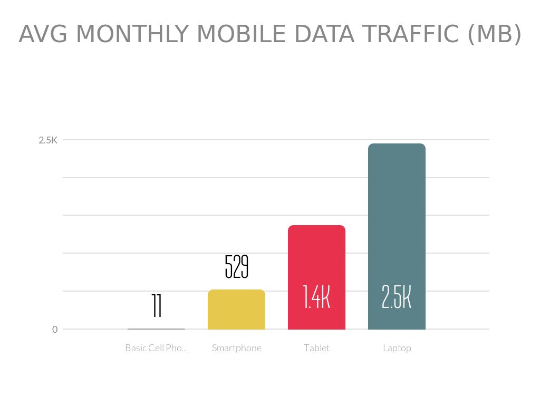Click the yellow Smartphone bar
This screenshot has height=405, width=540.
click(x=236, y=310)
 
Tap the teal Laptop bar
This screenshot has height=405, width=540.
click(x=397, y=221)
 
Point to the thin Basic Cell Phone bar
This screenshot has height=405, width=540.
click(x=156, y=329)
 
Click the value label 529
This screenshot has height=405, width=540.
click(x=236, y=267)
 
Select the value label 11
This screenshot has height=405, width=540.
click(x=156, y=306)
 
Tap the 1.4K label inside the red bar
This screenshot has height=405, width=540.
click(x=316, y=297)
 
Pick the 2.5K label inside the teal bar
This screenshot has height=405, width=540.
click(x=397, y=297)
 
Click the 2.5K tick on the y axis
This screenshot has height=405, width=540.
click(x=47, y=140)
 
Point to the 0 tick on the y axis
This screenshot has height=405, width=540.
click(x=55, y=330)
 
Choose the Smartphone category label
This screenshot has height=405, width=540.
click(x=236, y=348)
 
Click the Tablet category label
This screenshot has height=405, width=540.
click(x=316, y=348)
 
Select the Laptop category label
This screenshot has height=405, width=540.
click(x=397, y=348)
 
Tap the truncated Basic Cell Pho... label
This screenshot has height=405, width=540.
click(x=156, y=348)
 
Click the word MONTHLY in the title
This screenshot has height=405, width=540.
click(x=132, y=35)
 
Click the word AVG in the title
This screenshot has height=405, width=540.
click(x=44, y=35)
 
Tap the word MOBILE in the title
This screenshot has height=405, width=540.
click(x=242, y=35)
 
